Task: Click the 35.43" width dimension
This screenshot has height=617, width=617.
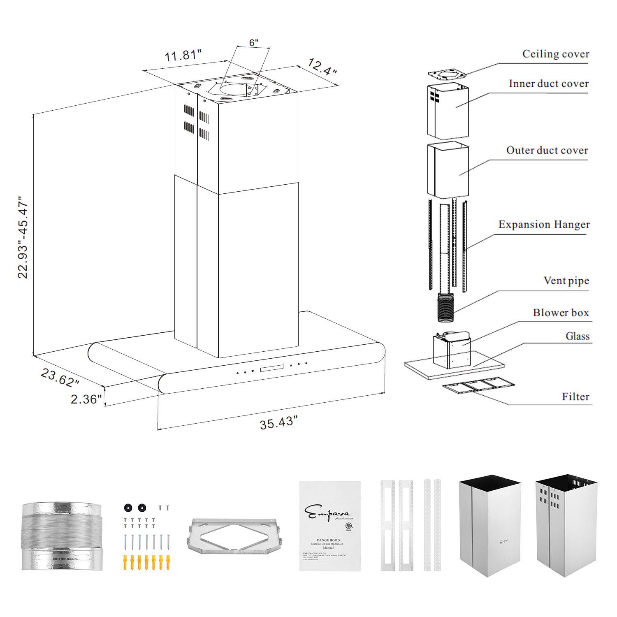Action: (278, 422)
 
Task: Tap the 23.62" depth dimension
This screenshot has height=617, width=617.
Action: (60, 377)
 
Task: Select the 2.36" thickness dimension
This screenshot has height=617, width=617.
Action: (86, 399)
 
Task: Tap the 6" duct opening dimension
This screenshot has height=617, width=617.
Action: (254, 42)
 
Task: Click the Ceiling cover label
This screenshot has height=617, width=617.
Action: (555, 54)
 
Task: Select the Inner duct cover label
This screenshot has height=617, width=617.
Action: (548, 84)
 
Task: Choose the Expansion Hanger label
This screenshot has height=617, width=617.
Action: (544, 225)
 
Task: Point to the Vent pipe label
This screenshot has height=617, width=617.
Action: (566, 281)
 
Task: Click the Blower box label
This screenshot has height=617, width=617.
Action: (561, 313)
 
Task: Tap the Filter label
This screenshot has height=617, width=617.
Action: (575, 397)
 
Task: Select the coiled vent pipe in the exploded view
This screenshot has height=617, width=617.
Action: (446, 308)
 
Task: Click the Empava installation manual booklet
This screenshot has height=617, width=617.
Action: (329, 526)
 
